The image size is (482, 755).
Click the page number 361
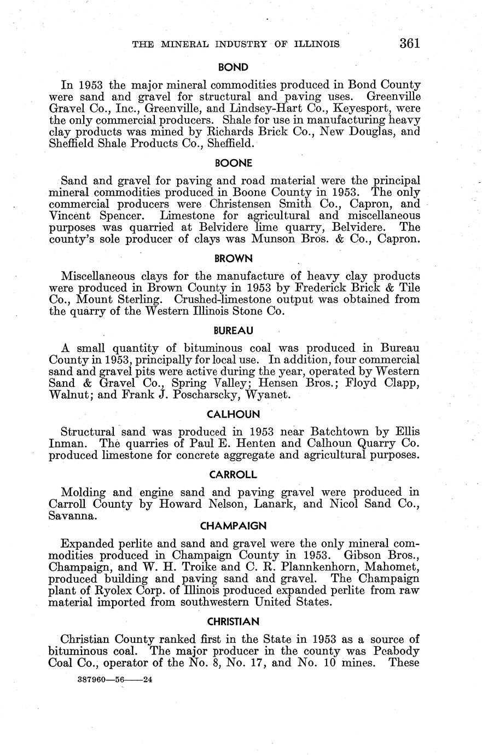tap(410, 43)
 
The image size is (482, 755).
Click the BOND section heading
tap(233, 67)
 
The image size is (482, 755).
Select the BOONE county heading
tap(234, 163)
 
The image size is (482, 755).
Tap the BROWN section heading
tap(233, 258)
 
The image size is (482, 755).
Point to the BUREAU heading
tap(233, 330)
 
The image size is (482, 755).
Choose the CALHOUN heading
tap(233, 414)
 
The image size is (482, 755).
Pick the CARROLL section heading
tap(233, 474)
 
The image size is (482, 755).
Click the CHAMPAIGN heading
tap(233, 526)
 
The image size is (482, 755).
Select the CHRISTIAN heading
tap(233, 622)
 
